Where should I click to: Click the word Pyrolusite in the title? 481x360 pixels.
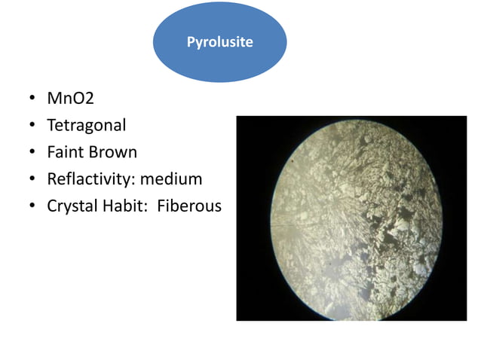pos(219,43)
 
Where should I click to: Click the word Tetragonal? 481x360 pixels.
pos(87,125)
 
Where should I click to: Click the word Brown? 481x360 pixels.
pos(112,152)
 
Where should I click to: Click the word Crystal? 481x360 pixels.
pos(72,205)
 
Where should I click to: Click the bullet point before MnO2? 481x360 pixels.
pos(32,99)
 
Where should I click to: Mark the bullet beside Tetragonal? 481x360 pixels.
pos(32,126)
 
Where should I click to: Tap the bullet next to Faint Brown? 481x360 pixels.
pos(32,153)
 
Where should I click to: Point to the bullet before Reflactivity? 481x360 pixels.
pos(32,180)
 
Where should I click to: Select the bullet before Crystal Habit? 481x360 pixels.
pos(32,206)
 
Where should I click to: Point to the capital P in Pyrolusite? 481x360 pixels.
pos(191,42)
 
